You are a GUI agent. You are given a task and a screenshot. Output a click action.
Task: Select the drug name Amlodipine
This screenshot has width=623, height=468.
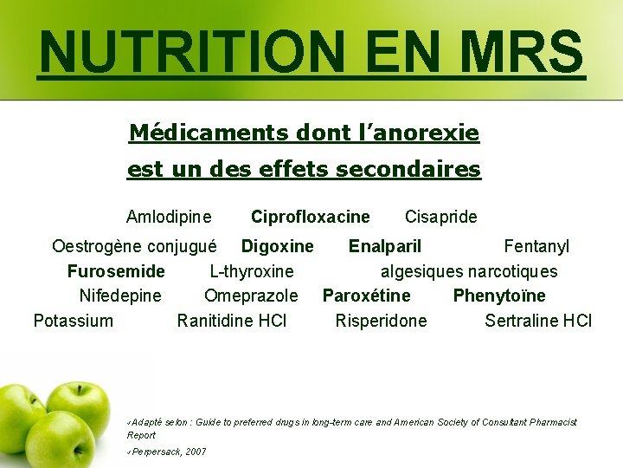(x=169, y=217)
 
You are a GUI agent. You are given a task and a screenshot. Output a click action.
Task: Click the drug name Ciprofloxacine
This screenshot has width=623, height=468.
(x=310, y=217)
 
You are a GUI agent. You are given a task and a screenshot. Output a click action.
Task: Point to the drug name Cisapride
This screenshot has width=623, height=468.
(x=440, y=217)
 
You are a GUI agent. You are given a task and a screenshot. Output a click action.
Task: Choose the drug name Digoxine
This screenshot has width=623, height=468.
(x=277, y=247)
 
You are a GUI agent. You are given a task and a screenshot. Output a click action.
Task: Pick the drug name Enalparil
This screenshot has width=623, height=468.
(x=385, y=247)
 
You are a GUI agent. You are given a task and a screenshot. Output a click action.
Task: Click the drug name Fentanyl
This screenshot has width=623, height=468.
(x=536, y=247)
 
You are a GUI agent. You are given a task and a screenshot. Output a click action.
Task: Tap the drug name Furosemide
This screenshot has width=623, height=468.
(x=116, y=271)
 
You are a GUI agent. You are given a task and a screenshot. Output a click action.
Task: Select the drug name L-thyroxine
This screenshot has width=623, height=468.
(x=252, y=271)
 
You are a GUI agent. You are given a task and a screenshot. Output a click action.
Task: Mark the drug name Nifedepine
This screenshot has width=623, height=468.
(x=120, y=296)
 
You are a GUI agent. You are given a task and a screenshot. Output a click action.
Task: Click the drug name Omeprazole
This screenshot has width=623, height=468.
(x=251, y=296)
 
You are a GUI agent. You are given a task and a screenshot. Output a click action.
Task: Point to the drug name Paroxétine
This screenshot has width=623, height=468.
(x=367, y=296)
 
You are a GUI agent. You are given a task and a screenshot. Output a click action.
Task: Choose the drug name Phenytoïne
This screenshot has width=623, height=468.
(x=499, y=296)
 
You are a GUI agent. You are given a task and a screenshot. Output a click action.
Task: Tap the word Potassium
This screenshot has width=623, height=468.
(x=73, y=321)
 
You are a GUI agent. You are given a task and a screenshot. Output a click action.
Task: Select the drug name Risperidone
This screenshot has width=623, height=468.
(x=381, y=321)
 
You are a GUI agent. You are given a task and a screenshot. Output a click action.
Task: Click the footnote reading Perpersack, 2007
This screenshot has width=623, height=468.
(x=170, y=452)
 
